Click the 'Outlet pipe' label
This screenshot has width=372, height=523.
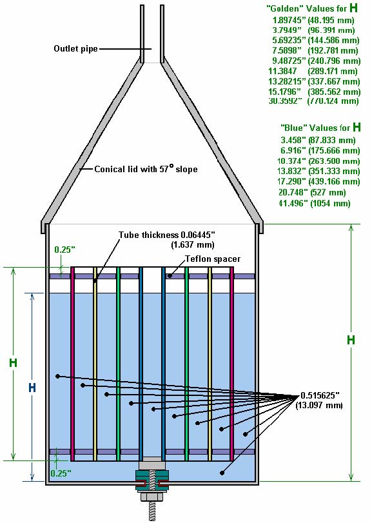click(75, 49)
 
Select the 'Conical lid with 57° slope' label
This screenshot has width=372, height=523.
click(146, 169)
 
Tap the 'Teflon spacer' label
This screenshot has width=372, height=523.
click(213, 259)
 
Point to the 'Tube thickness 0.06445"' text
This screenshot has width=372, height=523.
click(166, 235)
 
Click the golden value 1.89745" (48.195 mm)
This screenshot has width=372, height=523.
click(313, 20)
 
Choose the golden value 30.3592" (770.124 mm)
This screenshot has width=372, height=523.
click(314, 101)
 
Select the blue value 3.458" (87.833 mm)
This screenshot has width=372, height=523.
click(318, 140)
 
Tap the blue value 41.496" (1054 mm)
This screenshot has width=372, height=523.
click(315, 203)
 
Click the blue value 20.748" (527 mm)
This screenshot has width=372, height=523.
click(312, 192)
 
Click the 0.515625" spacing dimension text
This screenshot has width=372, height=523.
click(320, 395)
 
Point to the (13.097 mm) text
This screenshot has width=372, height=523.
click(319, 405)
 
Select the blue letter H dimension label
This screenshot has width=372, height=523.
click(32, 388)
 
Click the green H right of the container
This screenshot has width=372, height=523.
click(351, 340)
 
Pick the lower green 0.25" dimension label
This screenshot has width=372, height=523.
click(61, 473)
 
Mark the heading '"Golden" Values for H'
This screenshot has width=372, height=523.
click(312, 8)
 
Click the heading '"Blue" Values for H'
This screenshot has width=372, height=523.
click(320, 128)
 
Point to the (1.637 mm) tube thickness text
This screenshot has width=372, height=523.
click(193, 245)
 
